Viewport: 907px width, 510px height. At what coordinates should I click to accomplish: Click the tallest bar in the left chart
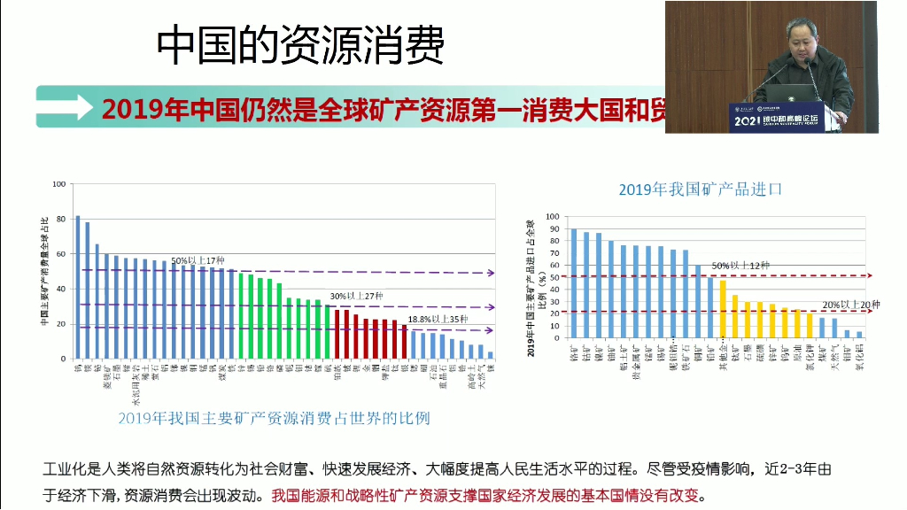pos(77,287)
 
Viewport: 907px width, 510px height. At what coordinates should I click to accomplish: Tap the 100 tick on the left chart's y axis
pos(59,184)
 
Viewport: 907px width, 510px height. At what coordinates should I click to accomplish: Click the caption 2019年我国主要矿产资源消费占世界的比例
pos(274,417)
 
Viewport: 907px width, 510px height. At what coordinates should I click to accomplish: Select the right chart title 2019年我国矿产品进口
pos(701,189)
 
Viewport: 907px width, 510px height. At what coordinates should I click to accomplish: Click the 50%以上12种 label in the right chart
pos(740,265)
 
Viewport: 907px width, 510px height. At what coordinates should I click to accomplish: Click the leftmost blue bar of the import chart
pos(574,283)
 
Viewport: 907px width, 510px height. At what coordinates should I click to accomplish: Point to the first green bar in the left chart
pos(241,315)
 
